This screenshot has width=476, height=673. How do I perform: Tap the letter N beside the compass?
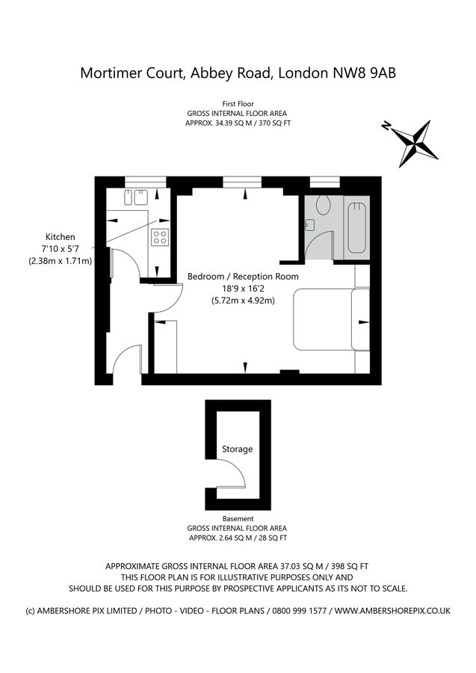[x=386, y=126]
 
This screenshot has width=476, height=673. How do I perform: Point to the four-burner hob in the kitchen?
[x=160, y=238]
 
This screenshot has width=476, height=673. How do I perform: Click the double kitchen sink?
[x=135, y=199]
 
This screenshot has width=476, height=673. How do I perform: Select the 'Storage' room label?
[x=237, y=449]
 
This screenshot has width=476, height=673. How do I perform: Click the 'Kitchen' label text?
[x=60, y=236]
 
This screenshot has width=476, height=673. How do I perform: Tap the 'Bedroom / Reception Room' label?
[x=243, y=276]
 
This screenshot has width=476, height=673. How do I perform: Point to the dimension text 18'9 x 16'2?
[x=243, y=289]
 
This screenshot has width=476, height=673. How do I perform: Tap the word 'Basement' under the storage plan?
[x=238, y=518]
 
